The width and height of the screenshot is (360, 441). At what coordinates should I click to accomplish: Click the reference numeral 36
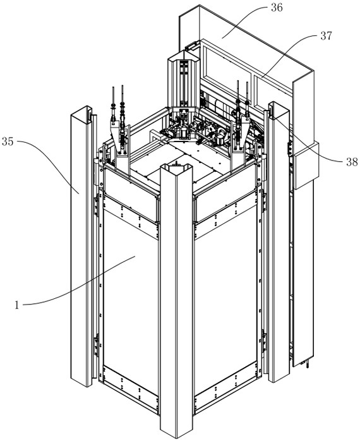pyautogui.click(x=277, y=8)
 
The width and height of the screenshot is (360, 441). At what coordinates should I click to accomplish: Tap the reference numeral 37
pyautogui.click(x=326, y=36)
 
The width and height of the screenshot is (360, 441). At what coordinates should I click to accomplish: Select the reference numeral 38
pyautogui.click(x=352, y=162)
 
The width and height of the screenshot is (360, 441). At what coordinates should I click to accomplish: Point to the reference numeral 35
pyautogui.click(x=8, y=142)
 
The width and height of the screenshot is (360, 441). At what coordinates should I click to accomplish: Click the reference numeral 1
pyautogui.click(x=17, y=305)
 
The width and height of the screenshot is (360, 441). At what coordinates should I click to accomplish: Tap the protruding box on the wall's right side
pyautogui.click(x=306, y=164)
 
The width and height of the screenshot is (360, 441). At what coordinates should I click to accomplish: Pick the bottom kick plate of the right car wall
pyautogui.click(x=225, y=388)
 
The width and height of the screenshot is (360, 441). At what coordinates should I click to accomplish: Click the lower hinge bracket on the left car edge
pyautogui.click(x=97, y=345)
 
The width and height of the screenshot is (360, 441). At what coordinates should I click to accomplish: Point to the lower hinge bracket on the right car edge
pyautogui.click(x=264, y=341)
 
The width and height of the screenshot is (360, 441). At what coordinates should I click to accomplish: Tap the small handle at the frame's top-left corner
pyautogui.click(x=193, y=45)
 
